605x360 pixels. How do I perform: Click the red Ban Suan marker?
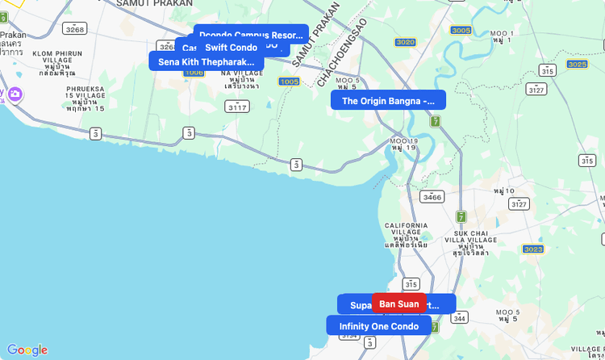coord(399,303)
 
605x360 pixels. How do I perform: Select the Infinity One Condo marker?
coord(378,326)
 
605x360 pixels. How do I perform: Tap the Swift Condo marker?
coord(231,48)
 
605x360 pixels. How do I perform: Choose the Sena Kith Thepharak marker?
coord(206,61)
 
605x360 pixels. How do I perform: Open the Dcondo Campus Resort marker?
coord(251,35)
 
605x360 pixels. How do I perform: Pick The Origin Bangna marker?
coord(388,101)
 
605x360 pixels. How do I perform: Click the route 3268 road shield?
coord(75,29)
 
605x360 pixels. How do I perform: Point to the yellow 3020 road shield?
coord(406,42)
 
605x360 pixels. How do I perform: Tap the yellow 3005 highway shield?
coord(461,31)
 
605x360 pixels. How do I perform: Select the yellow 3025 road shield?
coord(577,64)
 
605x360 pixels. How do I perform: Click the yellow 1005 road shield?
coord(289,82)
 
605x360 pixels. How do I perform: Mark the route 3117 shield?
coord(237,107)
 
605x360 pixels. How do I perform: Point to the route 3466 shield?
coord(432,196)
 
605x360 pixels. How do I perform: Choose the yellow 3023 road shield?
coord(533,249)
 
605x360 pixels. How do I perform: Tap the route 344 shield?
coord(460,318)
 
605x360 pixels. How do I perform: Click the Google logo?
coord(27,350)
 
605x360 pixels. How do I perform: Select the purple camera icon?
coord(15,95)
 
